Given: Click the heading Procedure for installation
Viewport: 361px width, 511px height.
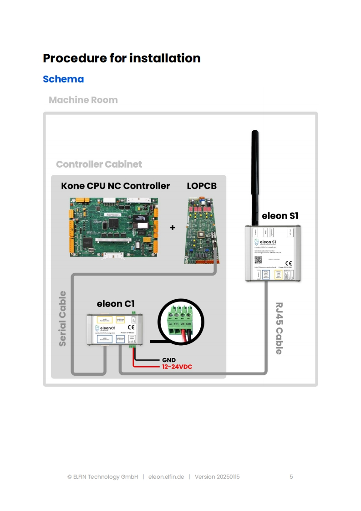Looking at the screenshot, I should pyautogui.click(x=122, y=58).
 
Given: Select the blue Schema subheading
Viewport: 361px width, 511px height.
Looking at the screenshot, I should pyautogui.click(x=63, y=79).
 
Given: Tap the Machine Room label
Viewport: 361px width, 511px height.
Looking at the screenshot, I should pyautogui.click(x=83, y=100).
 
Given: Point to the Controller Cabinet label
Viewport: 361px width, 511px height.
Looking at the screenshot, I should pyautogui.click(x=99, y=164).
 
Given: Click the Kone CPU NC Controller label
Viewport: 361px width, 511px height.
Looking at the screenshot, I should pyautogui.click(x=115, y=186).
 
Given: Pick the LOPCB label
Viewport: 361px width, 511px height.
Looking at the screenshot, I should pyautogui.click(x=202, y=186).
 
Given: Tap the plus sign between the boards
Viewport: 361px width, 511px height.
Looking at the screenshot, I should pyautogui.click(x=173, y=227).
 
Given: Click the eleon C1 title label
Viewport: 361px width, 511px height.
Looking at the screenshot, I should pyautogui.click(x=116, y=304).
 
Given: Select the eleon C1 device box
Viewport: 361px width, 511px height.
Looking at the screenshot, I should pyautogui.click(x=116, y=330).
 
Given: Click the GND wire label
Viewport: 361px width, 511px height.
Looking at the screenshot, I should pyautogui.click(x=169, y=360).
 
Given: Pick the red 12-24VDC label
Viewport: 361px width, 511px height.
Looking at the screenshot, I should pyautogui.click(x=178, y=367).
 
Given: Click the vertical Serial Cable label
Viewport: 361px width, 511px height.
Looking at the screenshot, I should pyautogui.click(x=63, y=318).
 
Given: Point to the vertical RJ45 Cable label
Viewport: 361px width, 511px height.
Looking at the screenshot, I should pyautogui.click(x=279, y=328).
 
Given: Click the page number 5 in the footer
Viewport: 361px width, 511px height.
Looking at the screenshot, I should pyautogui.click(x=291, y=477).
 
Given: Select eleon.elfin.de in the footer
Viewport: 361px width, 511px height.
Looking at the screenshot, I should pyautogui.click(x=166, y=477).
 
